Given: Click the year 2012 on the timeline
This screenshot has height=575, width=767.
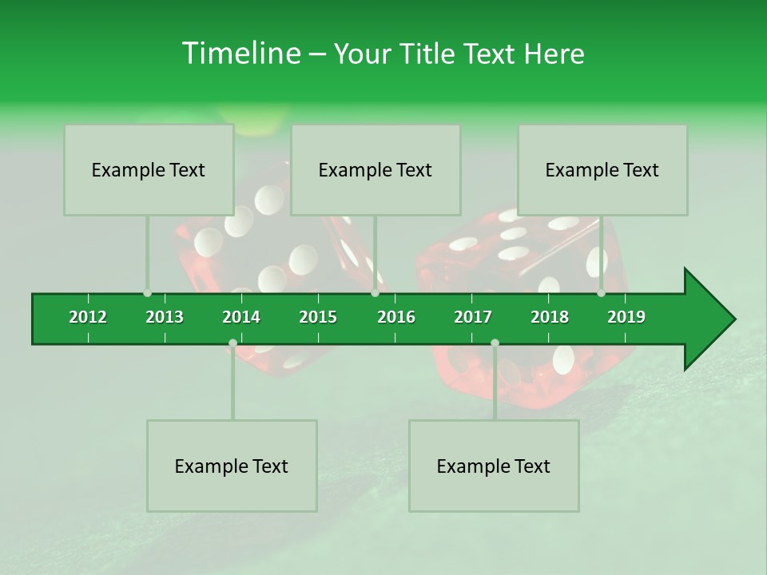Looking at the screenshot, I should [x=88, y=317].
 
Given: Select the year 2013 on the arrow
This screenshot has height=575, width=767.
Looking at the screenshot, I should [x=165, y=317].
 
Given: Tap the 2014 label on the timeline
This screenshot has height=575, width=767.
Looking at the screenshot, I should [x=241, y=317].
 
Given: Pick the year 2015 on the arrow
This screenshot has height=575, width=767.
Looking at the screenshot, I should [x=318, y=317].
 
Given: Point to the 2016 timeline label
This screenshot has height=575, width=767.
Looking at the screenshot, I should [x=396, y=317].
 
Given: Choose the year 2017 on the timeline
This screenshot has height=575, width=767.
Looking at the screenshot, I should [x=473, y=317].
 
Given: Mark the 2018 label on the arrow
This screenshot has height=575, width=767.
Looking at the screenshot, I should [x=550, y=317].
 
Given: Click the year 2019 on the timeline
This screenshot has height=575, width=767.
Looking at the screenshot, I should [x=626, y=317].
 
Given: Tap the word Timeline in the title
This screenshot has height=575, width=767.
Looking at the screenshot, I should [x=240, y=54].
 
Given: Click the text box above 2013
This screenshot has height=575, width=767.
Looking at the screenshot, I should [x=149, y=170].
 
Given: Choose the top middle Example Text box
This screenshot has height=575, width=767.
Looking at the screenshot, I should [x=376, y=170].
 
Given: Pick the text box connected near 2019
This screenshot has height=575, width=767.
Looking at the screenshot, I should [x=602, y=170].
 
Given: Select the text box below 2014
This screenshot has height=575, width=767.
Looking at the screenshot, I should [x=232, y=466].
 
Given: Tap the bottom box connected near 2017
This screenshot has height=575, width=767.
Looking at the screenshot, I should [x=494, y=466].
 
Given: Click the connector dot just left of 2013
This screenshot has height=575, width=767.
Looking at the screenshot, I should [x=147, y=293].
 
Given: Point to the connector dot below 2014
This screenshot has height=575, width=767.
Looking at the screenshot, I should [x=232, y=343].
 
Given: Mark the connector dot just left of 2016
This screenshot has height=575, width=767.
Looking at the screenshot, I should [x=376, y=293].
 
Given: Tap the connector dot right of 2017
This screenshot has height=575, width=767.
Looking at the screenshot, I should [x=495, y=343].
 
